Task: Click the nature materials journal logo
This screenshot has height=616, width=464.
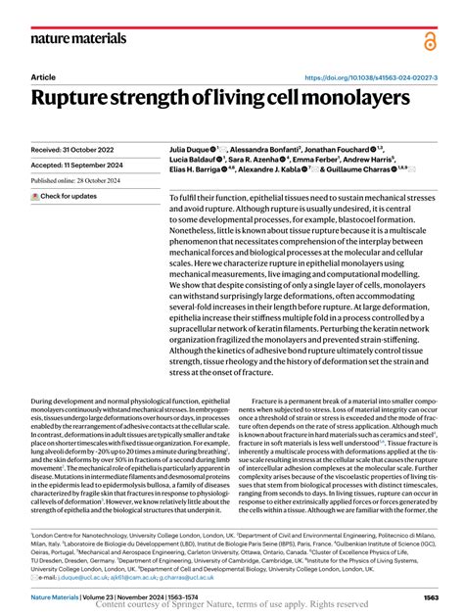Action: click(x=79, y=38)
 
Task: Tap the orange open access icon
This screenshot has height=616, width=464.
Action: click(x=431, y=40)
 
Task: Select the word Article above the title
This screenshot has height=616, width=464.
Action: click(x=44, y=76)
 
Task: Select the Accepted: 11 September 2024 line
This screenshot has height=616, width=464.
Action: click(x=79, y=166)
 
